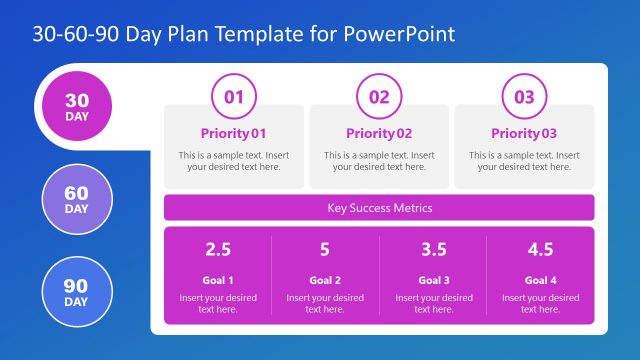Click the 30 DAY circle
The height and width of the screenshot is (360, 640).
(76, 106)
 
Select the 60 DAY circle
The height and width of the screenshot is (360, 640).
(76, 200)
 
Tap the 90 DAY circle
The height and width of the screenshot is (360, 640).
(76, 292)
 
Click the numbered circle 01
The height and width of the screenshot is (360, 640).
(233, 97)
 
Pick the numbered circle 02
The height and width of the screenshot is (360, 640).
(379, 97)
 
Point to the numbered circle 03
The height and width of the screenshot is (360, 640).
(524, 97)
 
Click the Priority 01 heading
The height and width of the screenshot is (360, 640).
(233, 133)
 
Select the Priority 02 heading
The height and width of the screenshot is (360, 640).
(379, 133)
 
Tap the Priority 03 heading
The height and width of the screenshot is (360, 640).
(524, 133)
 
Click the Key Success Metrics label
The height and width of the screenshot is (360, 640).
(379, 208)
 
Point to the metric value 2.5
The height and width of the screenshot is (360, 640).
(218, 250)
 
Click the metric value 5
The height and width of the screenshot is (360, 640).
(325, 250)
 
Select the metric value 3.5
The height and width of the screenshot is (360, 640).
(433, 250)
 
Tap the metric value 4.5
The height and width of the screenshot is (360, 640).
(540, 250)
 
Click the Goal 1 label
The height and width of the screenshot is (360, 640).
(218, 280)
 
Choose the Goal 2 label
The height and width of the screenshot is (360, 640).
(325, 280)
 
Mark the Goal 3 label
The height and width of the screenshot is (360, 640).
(433, 280)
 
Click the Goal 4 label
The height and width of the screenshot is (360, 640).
(540, 280)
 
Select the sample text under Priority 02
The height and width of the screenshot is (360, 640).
(379, 161)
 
